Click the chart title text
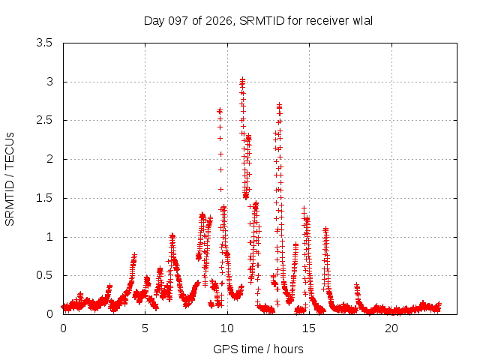(x=258, y=21)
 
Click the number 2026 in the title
(x=218, y=21)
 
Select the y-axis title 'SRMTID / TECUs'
(x=10, y=179)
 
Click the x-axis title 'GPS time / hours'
(x=258, y=349)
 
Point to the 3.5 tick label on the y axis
(x=44, y=43)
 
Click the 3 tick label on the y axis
(x=49, y=82)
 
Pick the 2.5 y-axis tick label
(x=44, y=120)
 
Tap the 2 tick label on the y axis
(x=49, y=159)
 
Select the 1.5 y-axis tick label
(x=44, y=198)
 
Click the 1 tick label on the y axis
(x=49, y=237)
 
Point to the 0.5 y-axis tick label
(x=44, y=275)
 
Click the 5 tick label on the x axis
(x=145, y=328)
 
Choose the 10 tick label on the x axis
(x=227, y=328)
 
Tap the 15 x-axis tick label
(x=309, y=328)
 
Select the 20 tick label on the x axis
(x=391, y=328)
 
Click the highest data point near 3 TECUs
(x=242, y=79)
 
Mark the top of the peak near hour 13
(x=279, y=105)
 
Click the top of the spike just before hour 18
(x=356, y=285)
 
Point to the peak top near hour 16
(x=325, y=228)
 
